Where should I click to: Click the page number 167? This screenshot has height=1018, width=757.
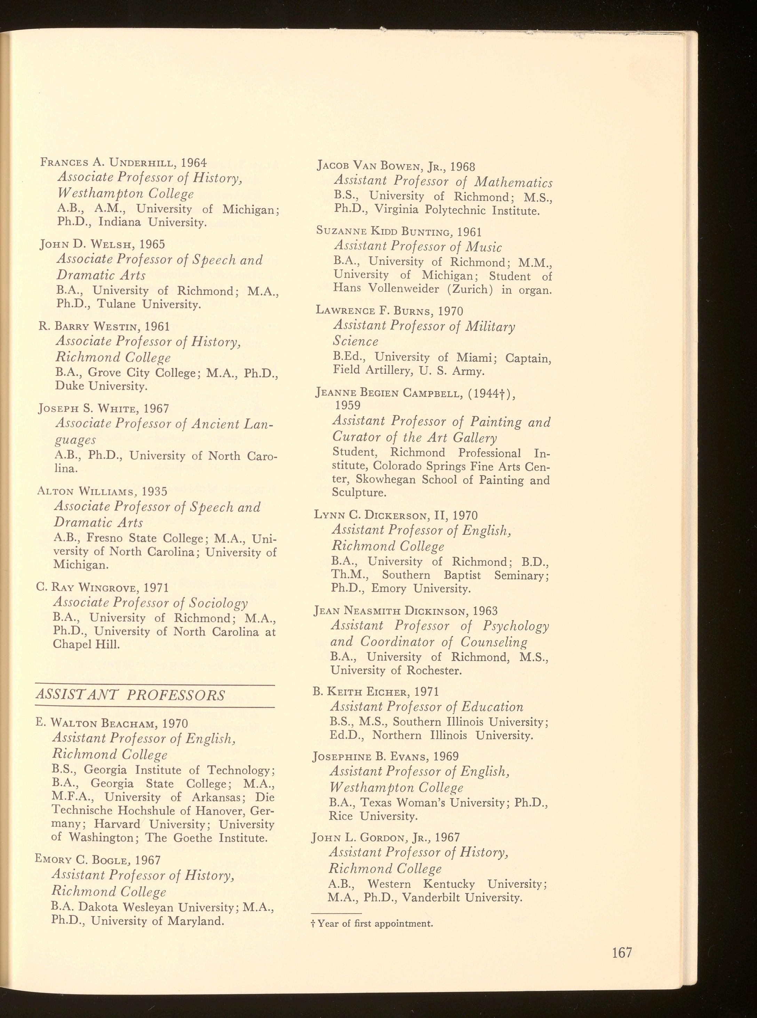point(622,953)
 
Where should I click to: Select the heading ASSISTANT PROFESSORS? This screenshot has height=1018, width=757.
point(130,696)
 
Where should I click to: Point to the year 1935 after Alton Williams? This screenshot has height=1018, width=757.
point(154,492)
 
